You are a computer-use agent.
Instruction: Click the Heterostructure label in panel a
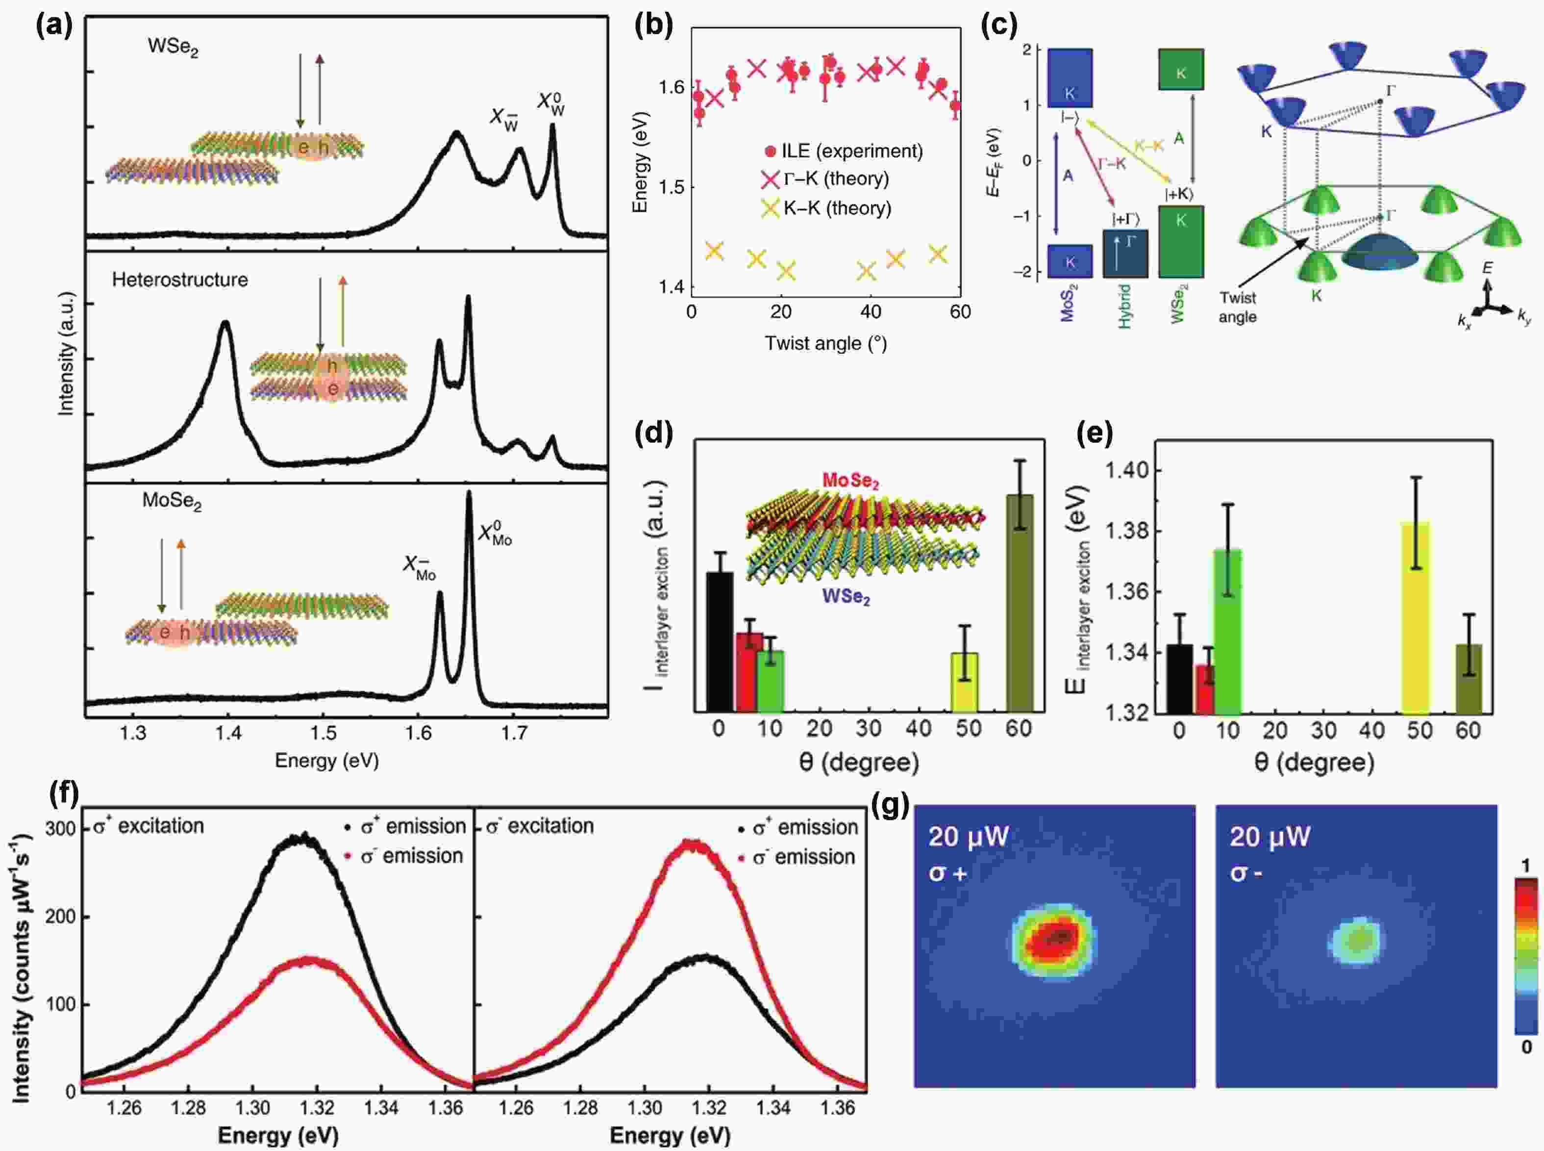[x=180, y=280]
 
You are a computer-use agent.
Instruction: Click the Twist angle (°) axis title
[x=826, y=343]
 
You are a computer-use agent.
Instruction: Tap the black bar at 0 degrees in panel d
[x=720, y=641]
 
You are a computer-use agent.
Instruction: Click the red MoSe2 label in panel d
[x=850, y=481]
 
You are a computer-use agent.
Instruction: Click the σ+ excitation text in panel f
[x=149, y=826]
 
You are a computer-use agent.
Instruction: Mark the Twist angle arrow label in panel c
[x=1238, y=307]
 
